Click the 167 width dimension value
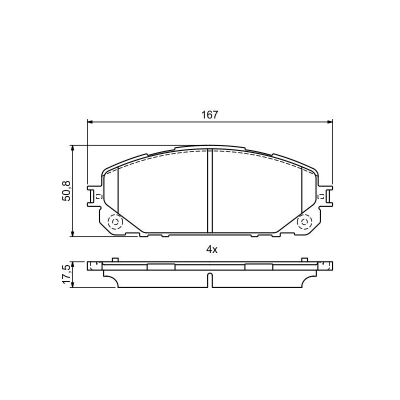tap(210, 115)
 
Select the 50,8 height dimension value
tap(66, 191)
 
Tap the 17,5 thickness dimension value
tap(66, 274)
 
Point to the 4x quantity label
tap(211, 249)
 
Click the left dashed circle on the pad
tap(115, 221)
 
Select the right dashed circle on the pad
tap(304, 221)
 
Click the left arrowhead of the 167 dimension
tap(90, 121)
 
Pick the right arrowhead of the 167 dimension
tap(330, 121)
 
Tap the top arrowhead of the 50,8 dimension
tap(73, 148)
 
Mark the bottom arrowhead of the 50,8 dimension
tap(73, 233)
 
